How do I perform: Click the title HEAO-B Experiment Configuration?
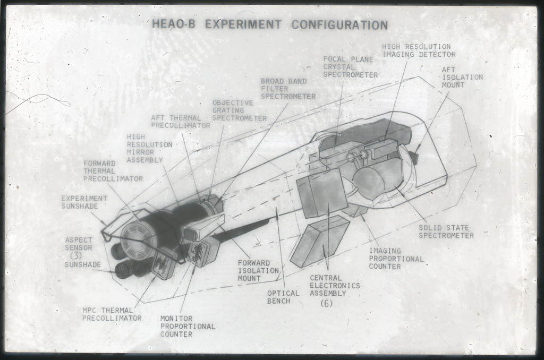(x=270, y=24)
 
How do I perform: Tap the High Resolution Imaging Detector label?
(x=419, y=50)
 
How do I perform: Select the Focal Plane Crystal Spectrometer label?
(x=351, y=67)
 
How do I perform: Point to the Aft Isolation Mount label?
(x=462, y=78)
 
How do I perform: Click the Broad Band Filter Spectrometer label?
(x=288, y=89)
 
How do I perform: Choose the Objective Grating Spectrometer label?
(x=240, y=110)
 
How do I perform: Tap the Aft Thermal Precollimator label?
(x=181, y=122)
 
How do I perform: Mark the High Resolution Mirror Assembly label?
(x=149, y=149)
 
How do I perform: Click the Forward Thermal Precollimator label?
(x=113, y=171)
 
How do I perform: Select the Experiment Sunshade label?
(x=84, y=202)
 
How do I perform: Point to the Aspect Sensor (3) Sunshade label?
(x=82, y=252)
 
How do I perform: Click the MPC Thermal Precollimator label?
(x=112, y=314)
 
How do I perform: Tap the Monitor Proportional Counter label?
(x=188, y=327)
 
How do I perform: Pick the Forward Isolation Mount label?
(x=259, y=270)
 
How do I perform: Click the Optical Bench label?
(x=283, y=297)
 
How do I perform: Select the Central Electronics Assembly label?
(x=335, y=286)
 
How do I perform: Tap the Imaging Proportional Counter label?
(x=396, y=259)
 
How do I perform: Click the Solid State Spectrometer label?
(x=446, y=232)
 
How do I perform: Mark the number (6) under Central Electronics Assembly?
(x=327, y=303)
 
